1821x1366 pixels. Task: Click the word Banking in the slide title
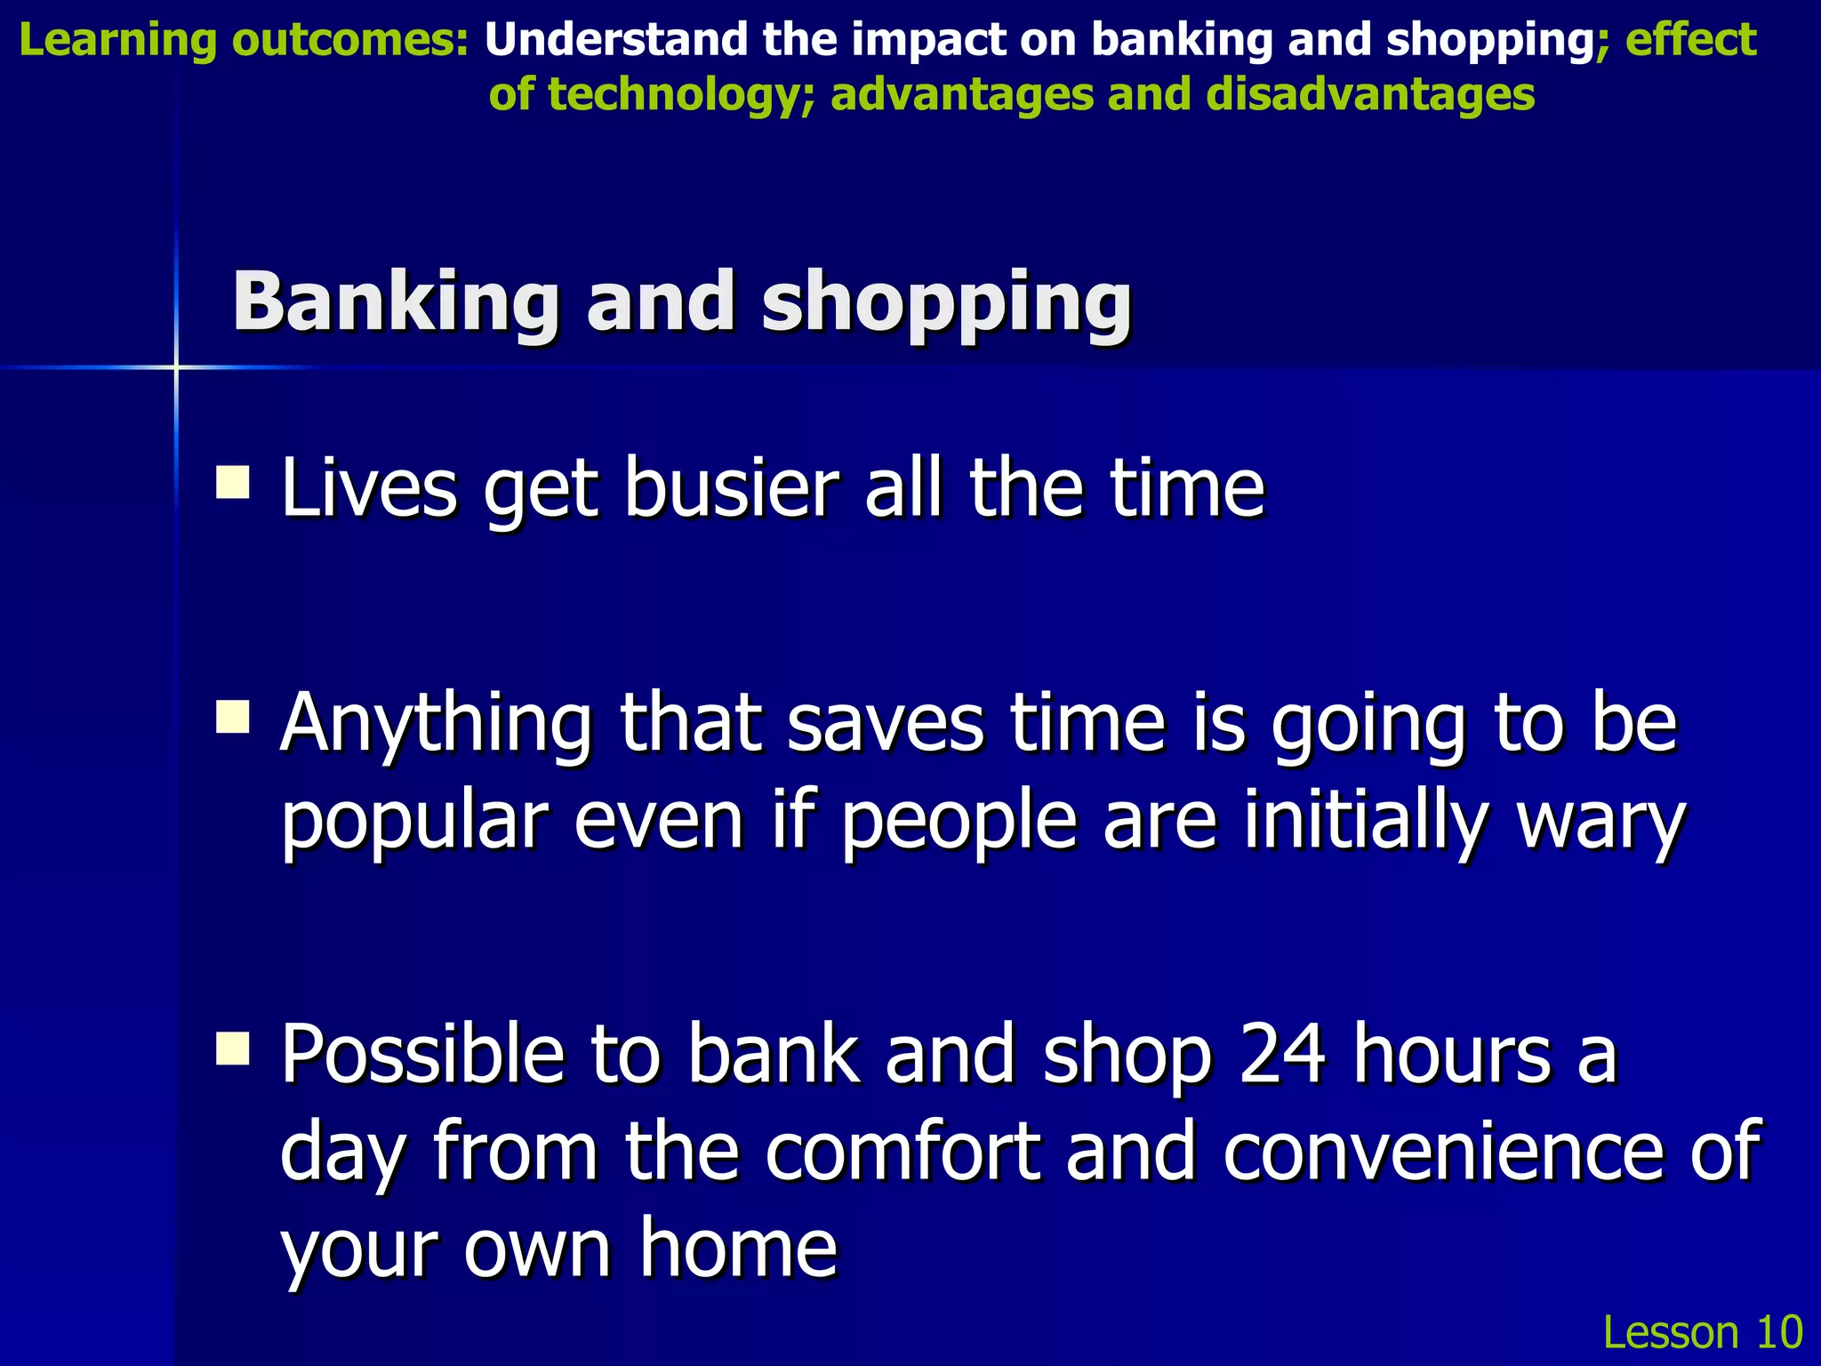click(x=396, y=302)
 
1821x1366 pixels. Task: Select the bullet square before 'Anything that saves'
click(x=233, y=716)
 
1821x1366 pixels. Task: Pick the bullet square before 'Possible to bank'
click(x=233, y=1048)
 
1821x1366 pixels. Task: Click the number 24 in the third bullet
click(x=1282, y=1054)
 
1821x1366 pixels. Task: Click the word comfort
click(x=902, y=1152)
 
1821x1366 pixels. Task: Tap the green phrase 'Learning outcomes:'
click(x=244, y=41)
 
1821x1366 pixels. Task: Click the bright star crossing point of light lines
click(x=176, y=366)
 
